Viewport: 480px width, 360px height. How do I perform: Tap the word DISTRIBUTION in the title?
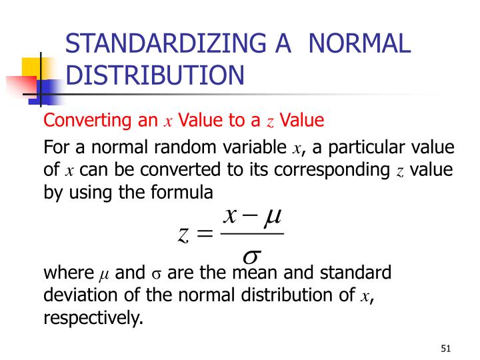click(155, 75)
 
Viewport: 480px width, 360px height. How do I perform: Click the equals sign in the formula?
click(204, 234)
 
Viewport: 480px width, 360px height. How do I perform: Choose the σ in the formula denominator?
click(251, 255)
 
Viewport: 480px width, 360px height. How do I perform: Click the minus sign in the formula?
click(249, 217)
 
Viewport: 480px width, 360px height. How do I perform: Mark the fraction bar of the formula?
click(251, 234)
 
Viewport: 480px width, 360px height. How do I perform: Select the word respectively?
click(93, 319)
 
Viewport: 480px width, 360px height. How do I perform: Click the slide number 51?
click(446, 348)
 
